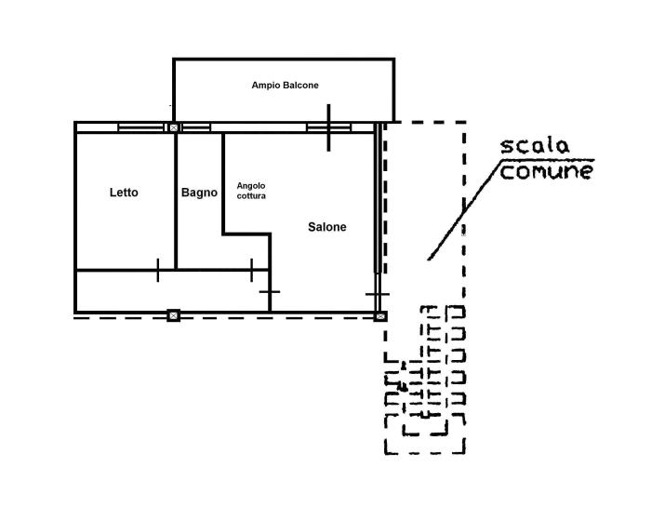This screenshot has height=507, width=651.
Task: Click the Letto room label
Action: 124,193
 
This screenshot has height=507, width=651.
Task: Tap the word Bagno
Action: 199,193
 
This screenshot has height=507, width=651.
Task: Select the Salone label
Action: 327,227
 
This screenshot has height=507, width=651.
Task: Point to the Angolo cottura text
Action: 251,191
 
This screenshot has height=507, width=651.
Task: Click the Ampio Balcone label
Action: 286,86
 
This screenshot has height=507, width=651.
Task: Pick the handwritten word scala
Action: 535,146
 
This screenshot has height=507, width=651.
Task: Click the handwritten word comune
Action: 547,171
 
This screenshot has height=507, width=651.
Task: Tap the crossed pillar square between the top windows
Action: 174,127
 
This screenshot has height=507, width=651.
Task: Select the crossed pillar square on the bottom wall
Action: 174,315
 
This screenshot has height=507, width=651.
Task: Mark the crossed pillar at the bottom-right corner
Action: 380,317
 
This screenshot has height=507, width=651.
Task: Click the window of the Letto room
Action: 141,127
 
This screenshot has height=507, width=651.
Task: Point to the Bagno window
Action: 196,127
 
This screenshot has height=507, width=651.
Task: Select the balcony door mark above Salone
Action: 329,127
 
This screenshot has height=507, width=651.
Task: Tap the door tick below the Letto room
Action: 158,270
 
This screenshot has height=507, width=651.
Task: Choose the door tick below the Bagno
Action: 252,270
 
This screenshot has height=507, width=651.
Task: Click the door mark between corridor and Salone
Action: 270,291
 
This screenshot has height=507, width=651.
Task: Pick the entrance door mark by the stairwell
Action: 378,294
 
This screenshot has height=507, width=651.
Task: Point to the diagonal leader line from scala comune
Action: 465,209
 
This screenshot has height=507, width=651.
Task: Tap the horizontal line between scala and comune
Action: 548,159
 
